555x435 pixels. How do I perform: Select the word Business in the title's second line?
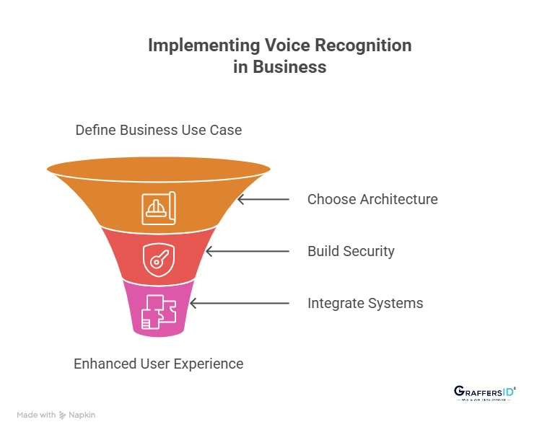pyautogui.click(x=289, y=67)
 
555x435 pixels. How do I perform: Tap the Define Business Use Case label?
pyautogui.click(x=159, y=131)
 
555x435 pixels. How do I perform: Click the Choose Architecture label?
pyautogui.click(x=372, y=199)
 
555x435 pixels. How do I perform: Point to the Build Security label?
pyautogui.click(x=351, y=251)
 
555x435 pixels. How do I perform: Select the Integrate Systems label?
pyautogui.click(x=365, y=303)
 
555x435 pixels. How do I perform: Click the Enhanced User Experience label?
pyautogui.click(x=159, y=364)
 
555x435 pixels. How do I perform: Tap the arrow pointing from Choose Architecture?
pyautogui.click(x=263, y=199)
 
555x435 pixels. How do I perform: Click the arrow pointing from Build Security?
pyautogui.click(x=247, y=251)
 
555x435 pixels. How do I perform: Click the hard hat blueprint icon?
pyautogui.click(x=159, y=208)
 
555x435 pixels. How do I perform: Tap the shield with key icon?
pyautogui.click(x=159, y=260)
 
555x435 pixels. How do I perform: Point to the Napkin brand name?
pyautogui.click(x=82, y=415)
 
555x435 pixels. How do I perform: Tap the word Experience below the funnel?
pyautogui.click(x=209, y=364)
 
